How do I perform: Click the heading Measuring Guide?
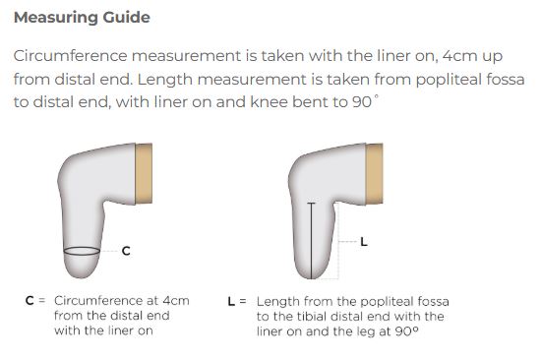(82, 18)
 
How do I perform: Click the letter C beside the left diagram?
(126, 251)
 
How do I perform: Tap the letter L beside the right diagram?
(364, 242)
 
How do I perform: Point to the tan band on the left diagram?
(144, 173)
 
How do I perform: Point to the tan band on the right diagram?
(375, 173)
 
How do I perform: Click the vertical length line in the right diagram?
(311, 241)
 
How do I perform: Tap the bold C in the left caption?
(30, 301)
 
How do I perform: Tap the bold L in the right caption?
(231, 302)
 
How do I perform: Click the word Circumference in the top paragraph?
(71, 56)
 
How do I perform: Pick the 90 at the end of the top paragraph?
(362, 102)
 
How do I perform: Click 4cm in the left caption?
(176, 301)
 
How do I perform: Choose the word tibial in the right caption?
(309, 317)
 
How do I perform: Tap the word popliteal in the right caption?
(382, 302)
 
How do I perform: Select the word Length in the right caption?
(278, 302)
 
